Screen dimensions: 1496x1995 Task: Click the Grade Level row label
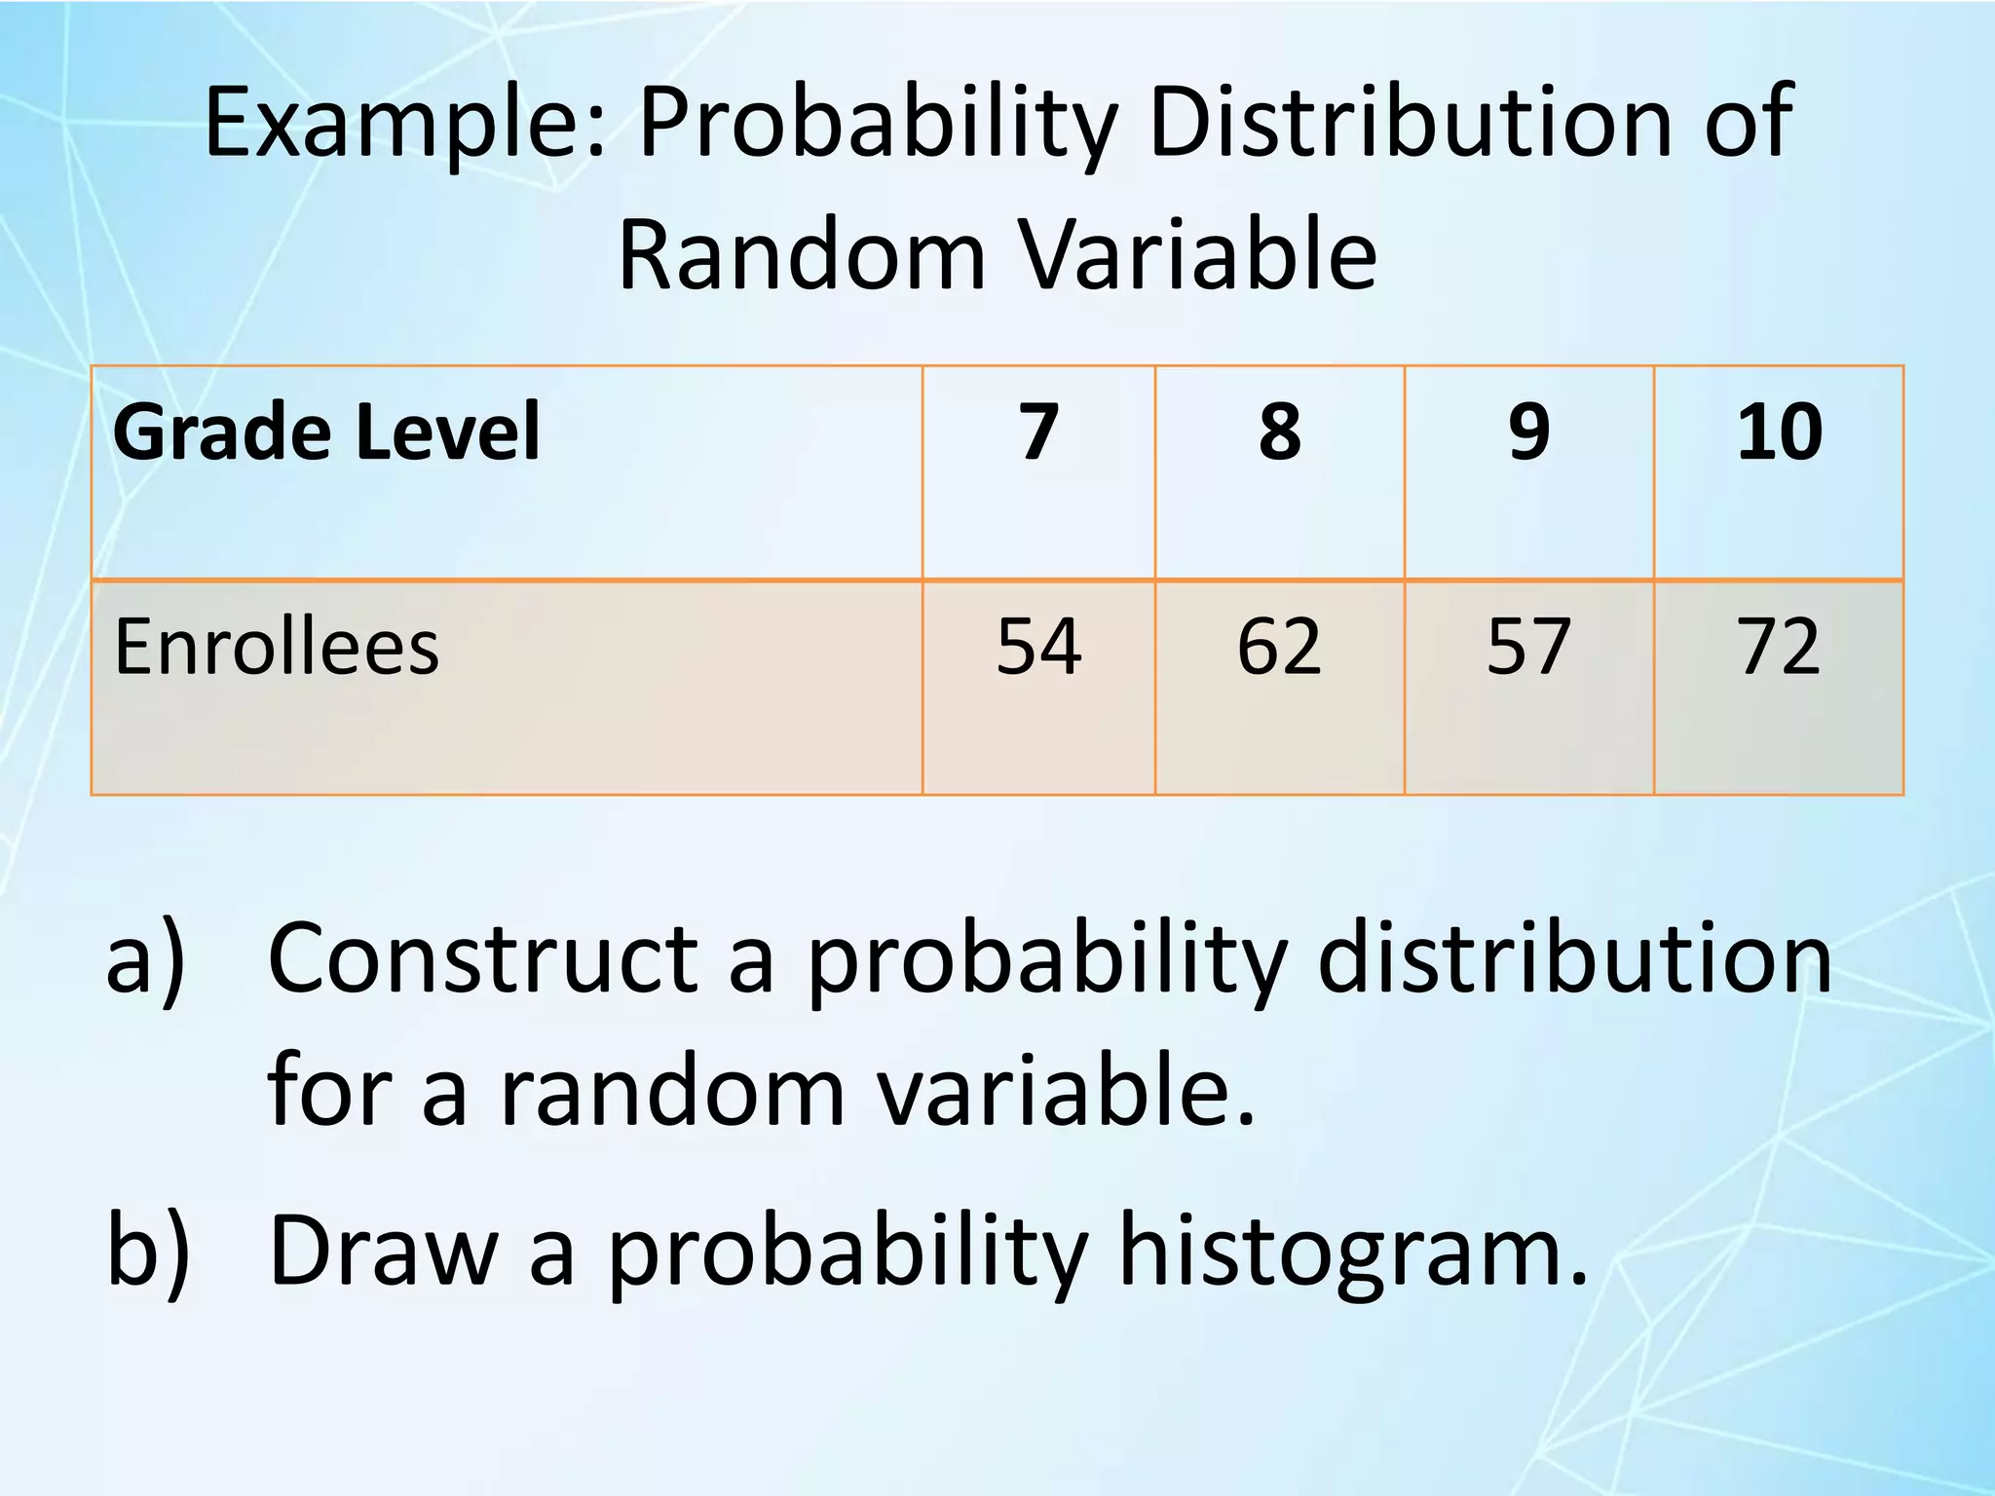coord(326,431)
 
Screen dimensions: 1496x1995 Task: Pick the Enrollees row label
coord(277,647)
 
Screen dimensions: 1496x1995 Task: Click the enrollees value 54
coord(1038,647)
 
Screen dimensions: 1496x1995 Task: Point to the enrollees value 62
coord(1279,647)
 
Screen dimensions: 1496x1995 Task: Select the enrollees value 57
coord(1528,647)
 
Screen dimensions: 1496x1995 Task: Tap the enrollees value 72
coord(1779,647)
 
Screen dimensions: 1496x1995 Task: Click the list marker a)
coord(145,961)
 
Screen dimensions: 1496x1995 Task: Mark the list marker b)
coord(147,1252)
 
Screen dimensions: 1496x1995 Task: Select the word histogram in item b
coord(1353,1252)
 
